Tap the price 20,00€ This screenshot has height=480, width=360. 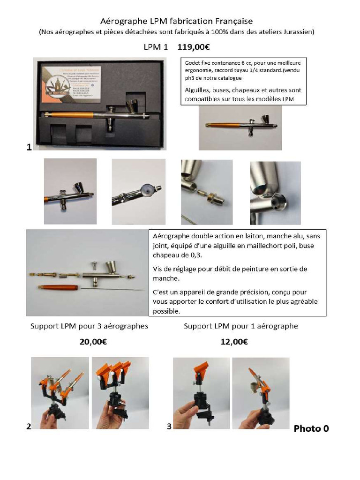point(93,342)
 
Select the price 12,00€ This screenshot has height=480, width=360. point(234,342)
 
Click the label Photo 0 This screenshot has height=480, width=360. point(311,428)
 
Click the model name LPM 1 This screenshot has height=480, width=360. point(156,47)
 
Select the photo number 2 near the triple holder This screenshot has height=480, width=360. point(29,426)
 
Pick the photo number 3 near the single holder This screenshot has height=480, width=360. point(169,426)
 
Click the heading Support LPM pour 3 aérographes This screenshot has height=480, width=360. point(89,326)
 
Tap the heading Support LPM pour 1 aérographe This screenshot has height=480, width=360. point(241,326)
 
